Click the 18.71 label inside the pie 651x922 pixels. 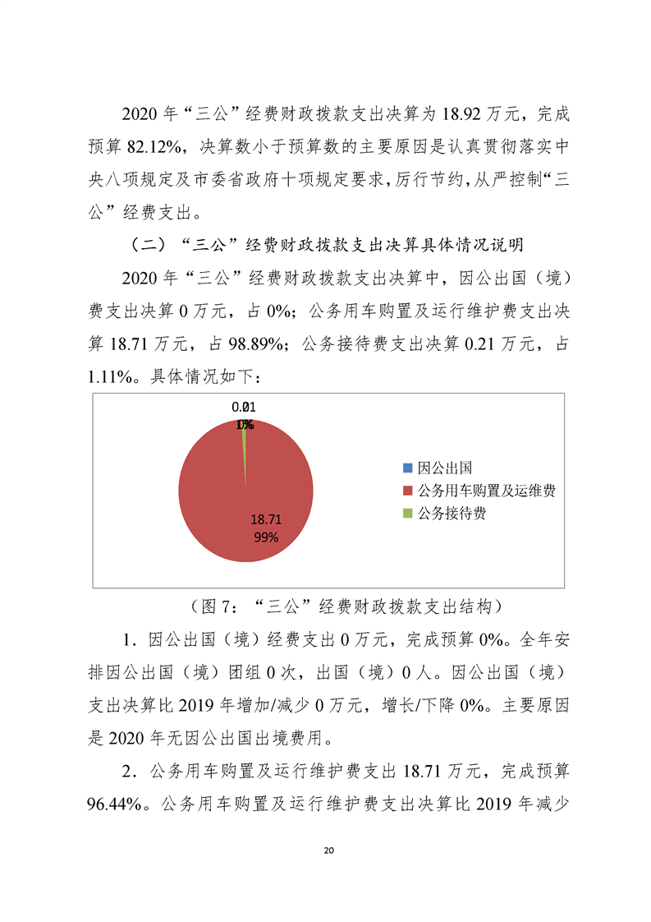point(266,519)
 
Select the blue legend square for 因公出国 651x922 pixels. point(408,468)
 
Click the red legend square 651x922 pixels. point(408,491)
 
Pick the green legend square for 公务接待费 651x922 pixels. point(408,514)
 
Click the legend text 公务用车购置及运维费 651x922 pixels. point(488,491)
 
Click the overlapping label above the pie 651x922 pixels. point(244,415)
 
